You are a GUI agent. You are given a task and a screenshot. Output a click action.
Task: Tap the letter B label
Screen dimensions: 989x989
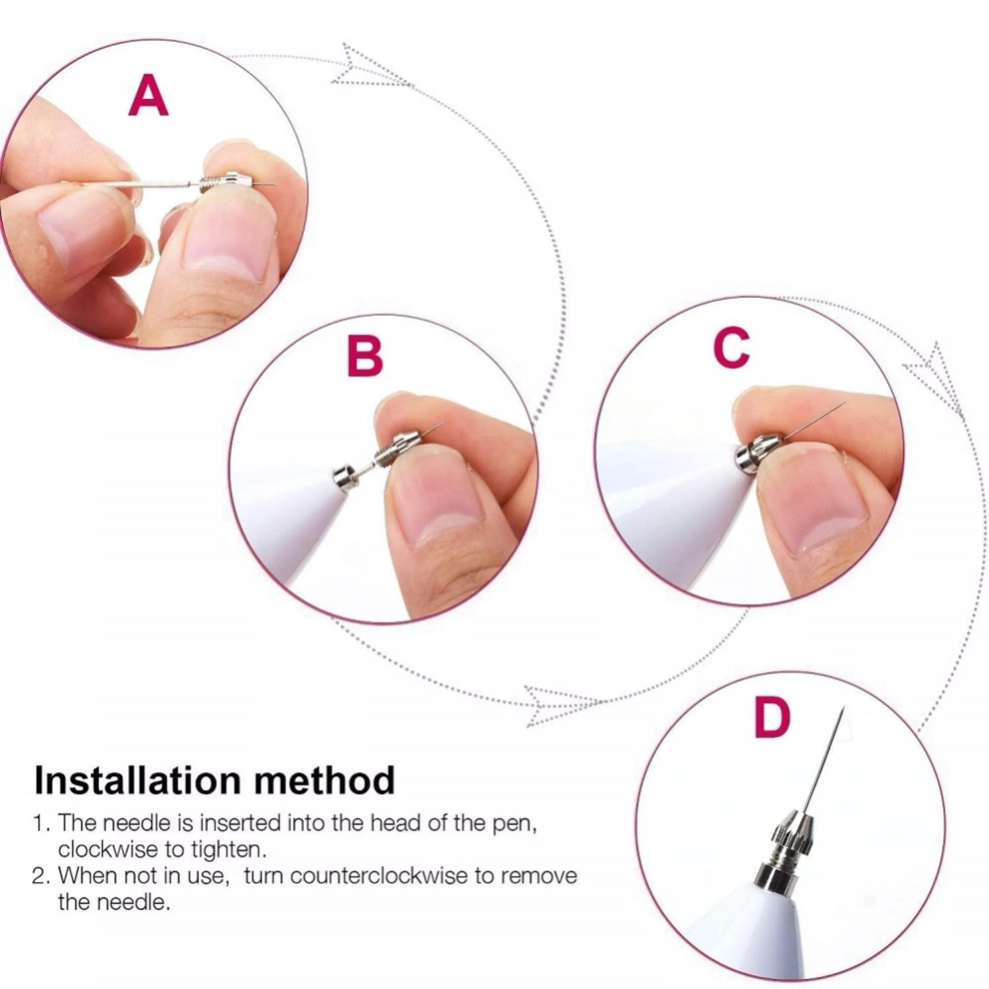click(x=365, y=357)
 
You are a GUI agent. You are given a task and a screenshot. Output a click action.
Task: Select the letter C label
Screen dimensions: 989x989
click(x=732, y=348)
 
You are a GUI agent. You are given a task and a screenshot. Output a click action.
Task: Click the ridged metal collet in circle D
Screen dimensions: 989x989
click(x=789, y=832)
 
